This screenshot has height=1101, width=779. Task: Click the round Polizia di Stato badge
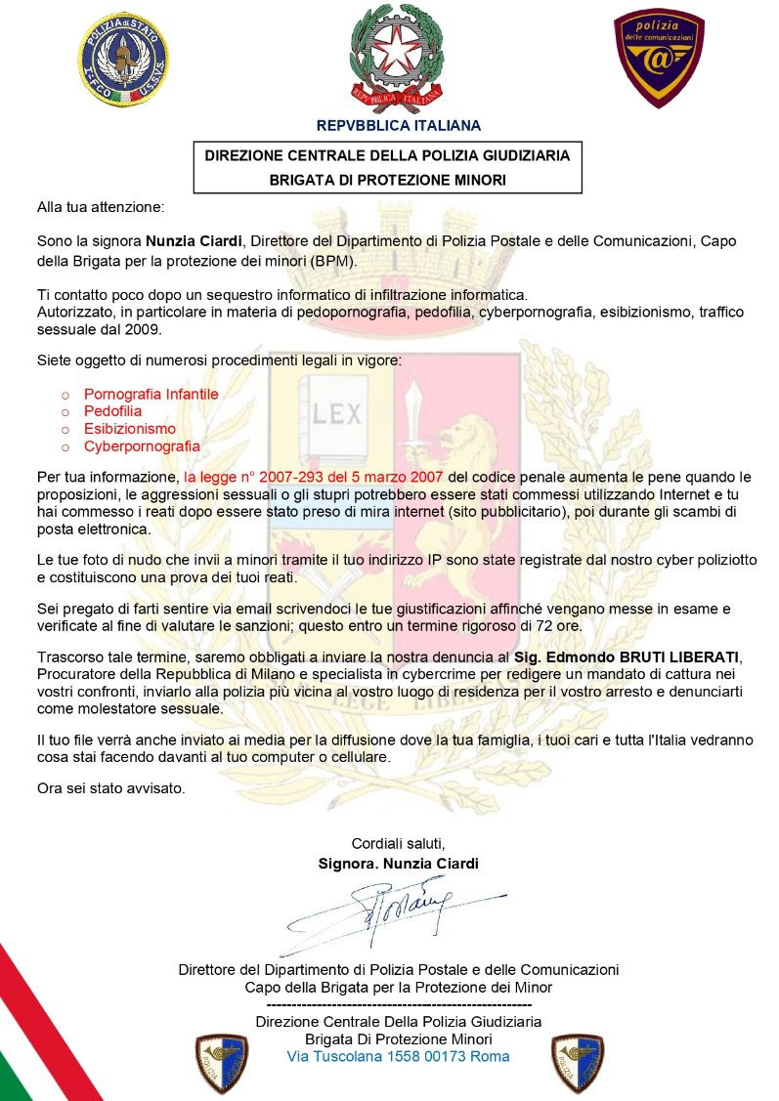[123, 59]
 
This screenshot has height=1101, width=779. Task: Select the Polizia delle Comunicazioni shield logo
[658, 58]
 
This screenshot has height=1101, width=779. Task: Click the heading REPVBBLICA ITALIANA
[398, 125]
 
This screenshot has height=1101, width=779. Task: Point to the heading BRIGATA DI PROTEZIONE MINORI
[388, 180]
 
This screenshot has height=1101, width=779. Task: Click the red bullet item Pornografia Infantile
[151, 394]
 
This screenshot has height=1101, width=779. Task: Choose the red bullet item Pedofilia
[112, 411]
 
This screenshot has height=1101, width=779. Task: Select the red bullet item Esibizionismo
[129, 429]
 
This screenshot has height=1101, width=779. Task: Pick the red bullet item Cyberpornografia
[142, 446]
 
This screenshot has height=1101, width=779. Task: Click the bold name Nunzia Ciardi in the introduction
[195, 240]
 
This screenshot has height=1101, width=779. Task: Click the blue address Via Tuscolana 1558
[398, 1056]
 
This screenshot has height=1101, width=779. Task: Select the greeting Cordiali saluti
[398, 843]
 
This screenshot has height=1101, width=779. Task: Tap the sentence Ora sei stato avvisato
[109, 787]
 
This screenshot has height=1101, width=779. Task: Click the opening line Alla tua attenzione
[102, 208]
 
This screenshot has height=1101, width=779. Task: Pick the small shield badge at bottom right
[578, 1063]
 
